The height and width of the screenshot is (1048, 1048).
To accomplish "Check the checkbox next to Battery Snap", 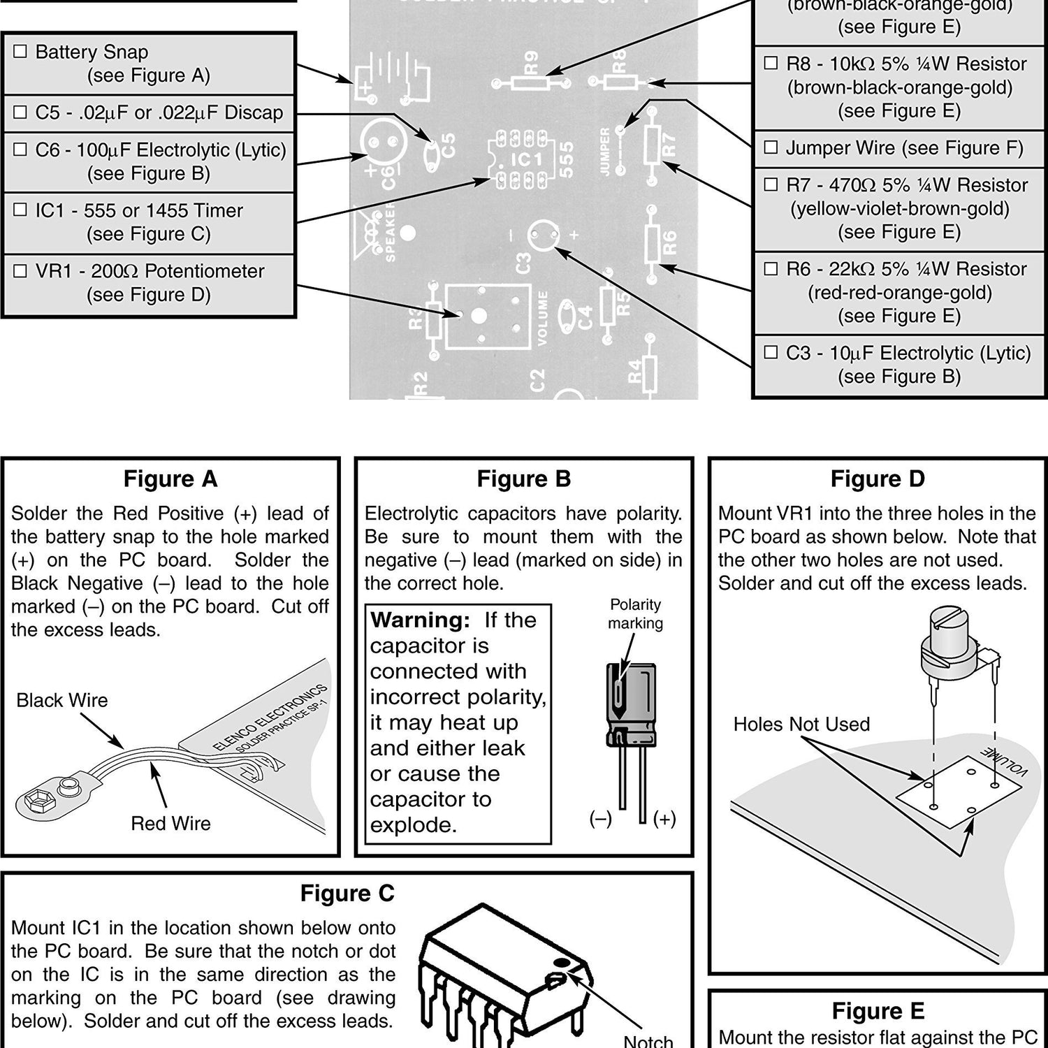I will (x=21, y=52).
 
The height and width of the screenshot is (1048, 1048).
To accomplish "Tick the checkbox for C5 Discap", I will (x=21, y=112).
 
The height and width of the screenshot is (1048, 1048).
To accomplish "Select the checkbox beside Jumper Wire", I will (x=771, y=147).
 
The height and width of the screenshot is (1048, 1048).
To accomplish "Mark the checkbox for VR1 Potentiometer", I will (x=21, y=271).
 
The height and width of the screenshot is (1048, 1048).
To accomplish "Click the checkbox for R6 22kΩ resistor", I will (x=771, y=269).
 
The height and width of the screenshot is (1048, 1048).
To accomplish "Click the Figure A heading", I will (x=170, y=479).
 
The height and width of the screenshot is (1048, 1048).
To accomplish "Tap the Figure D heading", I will (x=878, y=479).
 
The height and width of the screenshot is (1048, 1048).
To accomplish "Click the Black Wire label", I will (x=62, y=701).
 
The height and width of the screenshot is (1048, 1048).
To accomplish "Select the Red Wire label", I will (x=170, y=824).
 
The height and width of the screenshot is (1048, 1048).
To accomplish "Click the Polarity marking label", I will (x=635, y=614).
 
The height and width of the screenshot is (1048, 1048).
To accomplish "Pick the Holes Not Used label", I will (x=801, y=725).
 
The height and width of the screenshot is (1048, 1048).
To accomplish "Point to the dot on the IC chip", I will (x=560, y=963).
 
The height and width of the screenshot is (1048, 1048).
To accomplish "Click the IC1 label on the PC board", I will (x=525, y=160).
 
